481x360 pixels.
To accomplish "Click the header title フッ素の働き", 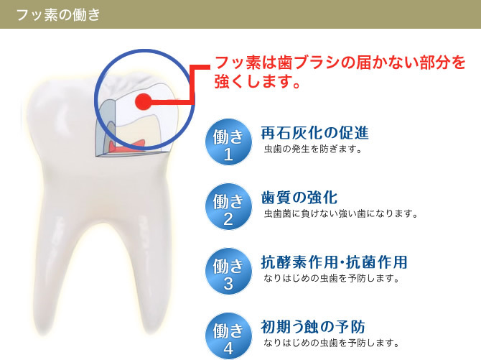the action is [x=58, y=15].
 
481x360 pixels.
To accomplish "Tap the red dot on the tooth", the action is [x=144, y=101].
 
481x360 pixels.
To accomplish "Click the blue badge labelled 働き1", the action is [x=228, y=142].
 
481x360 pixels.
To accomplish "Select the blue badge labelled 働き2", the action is [x=228, y=206].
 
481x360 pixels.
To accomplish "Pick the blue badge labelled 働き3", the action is [x=228, y=271].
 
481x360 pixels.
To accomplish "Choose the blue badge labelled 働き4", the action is [x=228, y=336].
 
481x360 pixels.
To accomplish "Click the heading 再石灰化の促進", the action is [x=314, y=133].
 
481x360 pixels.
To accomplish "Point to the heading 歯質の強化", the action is [x=299, y=198].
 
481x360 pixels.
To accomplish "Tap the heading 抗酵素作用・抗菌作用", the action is [x=334, y=262].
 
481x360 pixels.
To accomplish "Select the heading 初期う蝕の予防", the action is [x=313, y=326].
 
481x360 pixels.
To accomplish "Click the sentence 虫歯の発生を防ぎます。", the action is [x=313, y=149].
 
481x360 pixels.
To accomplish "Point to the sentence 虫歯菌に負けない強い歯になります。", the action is [x=341, y=214].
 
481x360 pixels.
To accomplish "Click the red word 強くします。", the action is [x=257, y=81].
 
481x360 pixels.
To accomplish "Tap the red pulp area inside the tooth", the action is [x=127, y=147].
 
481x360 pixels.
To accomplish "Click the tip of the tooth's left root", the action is [x=46, y=331].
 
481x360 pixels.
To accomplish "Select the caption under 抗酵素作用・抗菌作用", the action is [x=332, y=278].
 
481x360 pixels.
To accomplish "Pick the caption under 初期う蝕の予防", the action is [x=332, y=343].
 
